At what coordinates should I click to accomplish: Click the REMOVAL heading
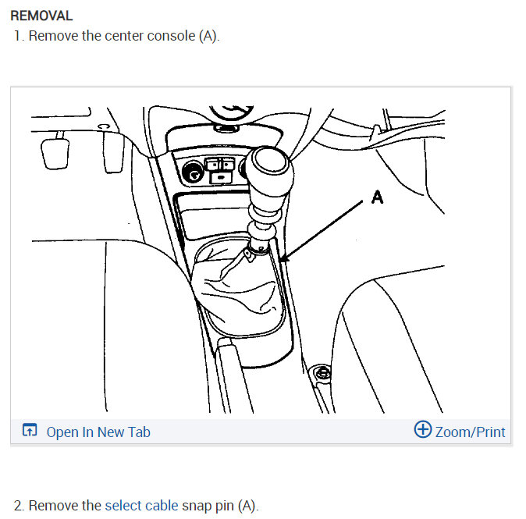coord(41,16)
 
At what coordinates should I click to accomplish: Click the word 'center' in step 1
coord(124,37)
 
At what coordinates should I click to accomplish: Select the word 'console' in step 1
coord(170,37)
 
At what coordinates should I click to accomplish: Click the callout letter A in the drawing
coord(377,197)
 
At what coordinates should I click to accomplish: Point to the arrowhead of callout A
coord(280,260)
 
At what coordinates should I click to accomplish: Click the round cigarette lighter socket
coord(190,172)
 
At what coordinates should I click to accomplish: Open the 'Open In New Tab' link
coord(98,432)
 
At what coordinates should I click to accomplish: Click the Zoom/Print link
coord(470,432)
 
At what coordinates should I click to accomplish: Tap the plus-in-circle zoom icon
coord(422,430)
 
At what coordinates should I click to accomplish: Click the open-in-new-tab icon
coord(30,431)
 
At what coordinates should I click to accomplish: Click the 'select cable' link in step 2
coord(141,505)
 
